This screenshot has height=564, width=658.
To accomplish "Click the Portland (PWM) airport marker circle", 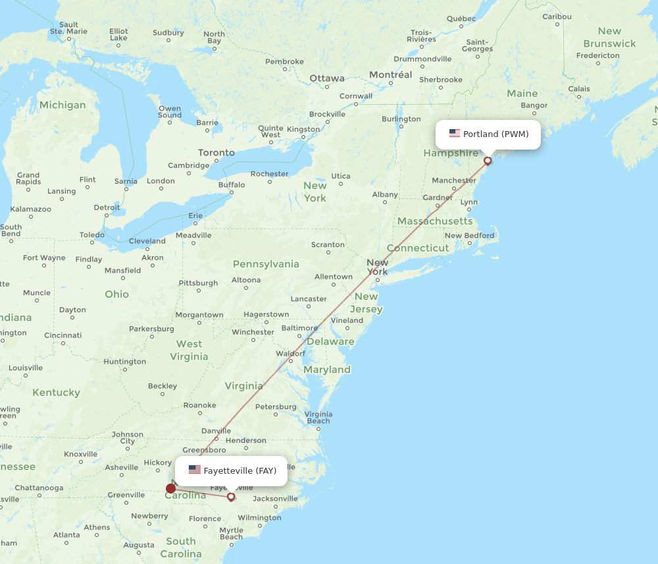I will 488,160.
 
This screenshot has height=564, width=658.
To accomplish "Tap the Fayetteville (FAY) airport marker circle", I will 231,496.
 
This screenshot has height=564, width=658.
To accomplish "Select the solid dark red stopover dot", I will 171,488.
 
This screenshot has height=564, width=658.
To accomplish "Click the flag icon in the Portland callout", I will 455,134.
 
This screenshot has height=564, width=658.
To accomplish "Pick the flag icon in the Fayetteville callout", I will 195,470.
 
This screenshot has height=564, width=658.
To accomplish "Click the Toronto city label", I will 216,152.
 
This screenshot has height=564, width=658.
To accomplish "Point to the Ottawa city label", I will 327,78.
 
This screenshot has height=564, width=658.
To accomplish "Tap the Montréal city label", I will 390,74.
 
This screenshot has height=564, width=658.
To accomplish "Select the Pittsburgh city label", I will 198,283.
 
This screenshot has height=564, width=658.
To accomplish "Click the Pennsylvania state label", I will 266,264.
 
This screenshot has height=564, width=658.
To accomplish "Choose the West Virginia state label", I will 189,350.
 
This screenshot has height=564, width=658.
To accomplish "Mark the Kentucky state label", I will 56,392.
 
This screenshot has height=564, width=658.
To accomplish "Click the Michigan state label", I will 63,105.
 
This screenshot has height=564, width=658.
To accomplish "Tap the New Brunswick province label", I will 609,37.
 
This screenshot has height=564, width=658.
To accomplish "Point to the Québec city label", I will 461,18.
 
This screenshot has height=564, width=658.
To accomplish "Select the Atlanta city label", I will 66,534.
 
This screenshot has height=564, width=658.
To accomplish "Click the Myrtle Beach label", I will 231,533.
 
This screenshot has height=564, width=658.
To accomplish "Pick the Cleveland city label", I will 147,240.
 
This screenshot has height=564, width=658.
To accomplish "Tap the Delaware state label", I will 331,341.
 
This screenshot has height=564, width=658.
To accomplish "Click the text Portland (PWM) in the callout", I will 495,134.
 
